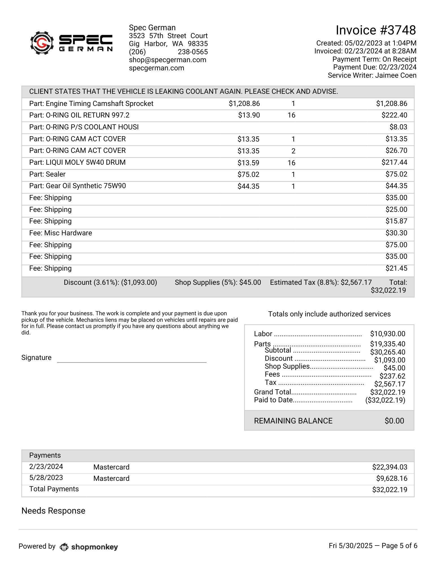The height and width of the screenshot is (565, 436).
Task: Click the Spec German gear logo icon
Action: (42, 43)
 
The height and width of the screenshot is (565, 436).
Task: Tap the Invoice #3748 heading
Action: (376, 30)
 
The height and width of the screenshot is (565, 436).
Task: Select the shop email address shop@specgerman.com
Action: (167, 60)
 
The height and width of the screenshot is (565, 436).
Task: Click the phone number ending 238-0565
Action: (193, 52)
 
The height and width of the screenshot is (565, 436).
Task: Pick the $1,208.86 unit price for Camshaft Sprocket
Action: (244, 104)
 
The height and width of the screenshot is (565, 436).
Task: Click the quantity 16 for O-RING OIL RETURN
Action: (291, 115)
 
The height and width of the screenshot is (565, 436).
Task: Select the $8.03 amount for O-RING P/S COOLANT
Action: (398, 127)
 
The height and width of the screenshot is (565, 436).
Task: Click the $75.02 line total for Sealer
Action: (396, 174)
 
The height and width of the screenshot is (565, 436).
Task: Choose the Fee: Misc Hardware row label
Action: (60, 233)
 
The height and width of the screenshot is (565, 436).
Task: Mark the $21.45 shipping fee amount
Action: (396, 268)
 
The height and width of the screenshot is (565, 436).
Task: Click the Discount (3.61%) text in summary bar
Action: (110, 282)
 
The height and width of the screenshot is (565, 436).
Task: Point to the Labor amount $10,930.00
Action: (387, 334)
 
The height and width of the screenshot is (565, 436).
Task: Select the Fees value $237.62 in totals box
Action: (392, 376)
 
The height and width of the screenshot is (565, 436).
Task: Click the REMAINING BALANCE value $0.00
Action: (394, 421)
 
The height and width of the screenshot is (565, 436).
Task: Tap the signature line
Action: (132, 362)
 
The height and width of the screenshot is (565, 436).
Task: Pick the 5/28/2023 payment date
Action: (46, 478)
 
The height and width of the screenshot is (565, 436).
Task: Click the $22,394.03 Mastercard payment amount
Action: (389, 467)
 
